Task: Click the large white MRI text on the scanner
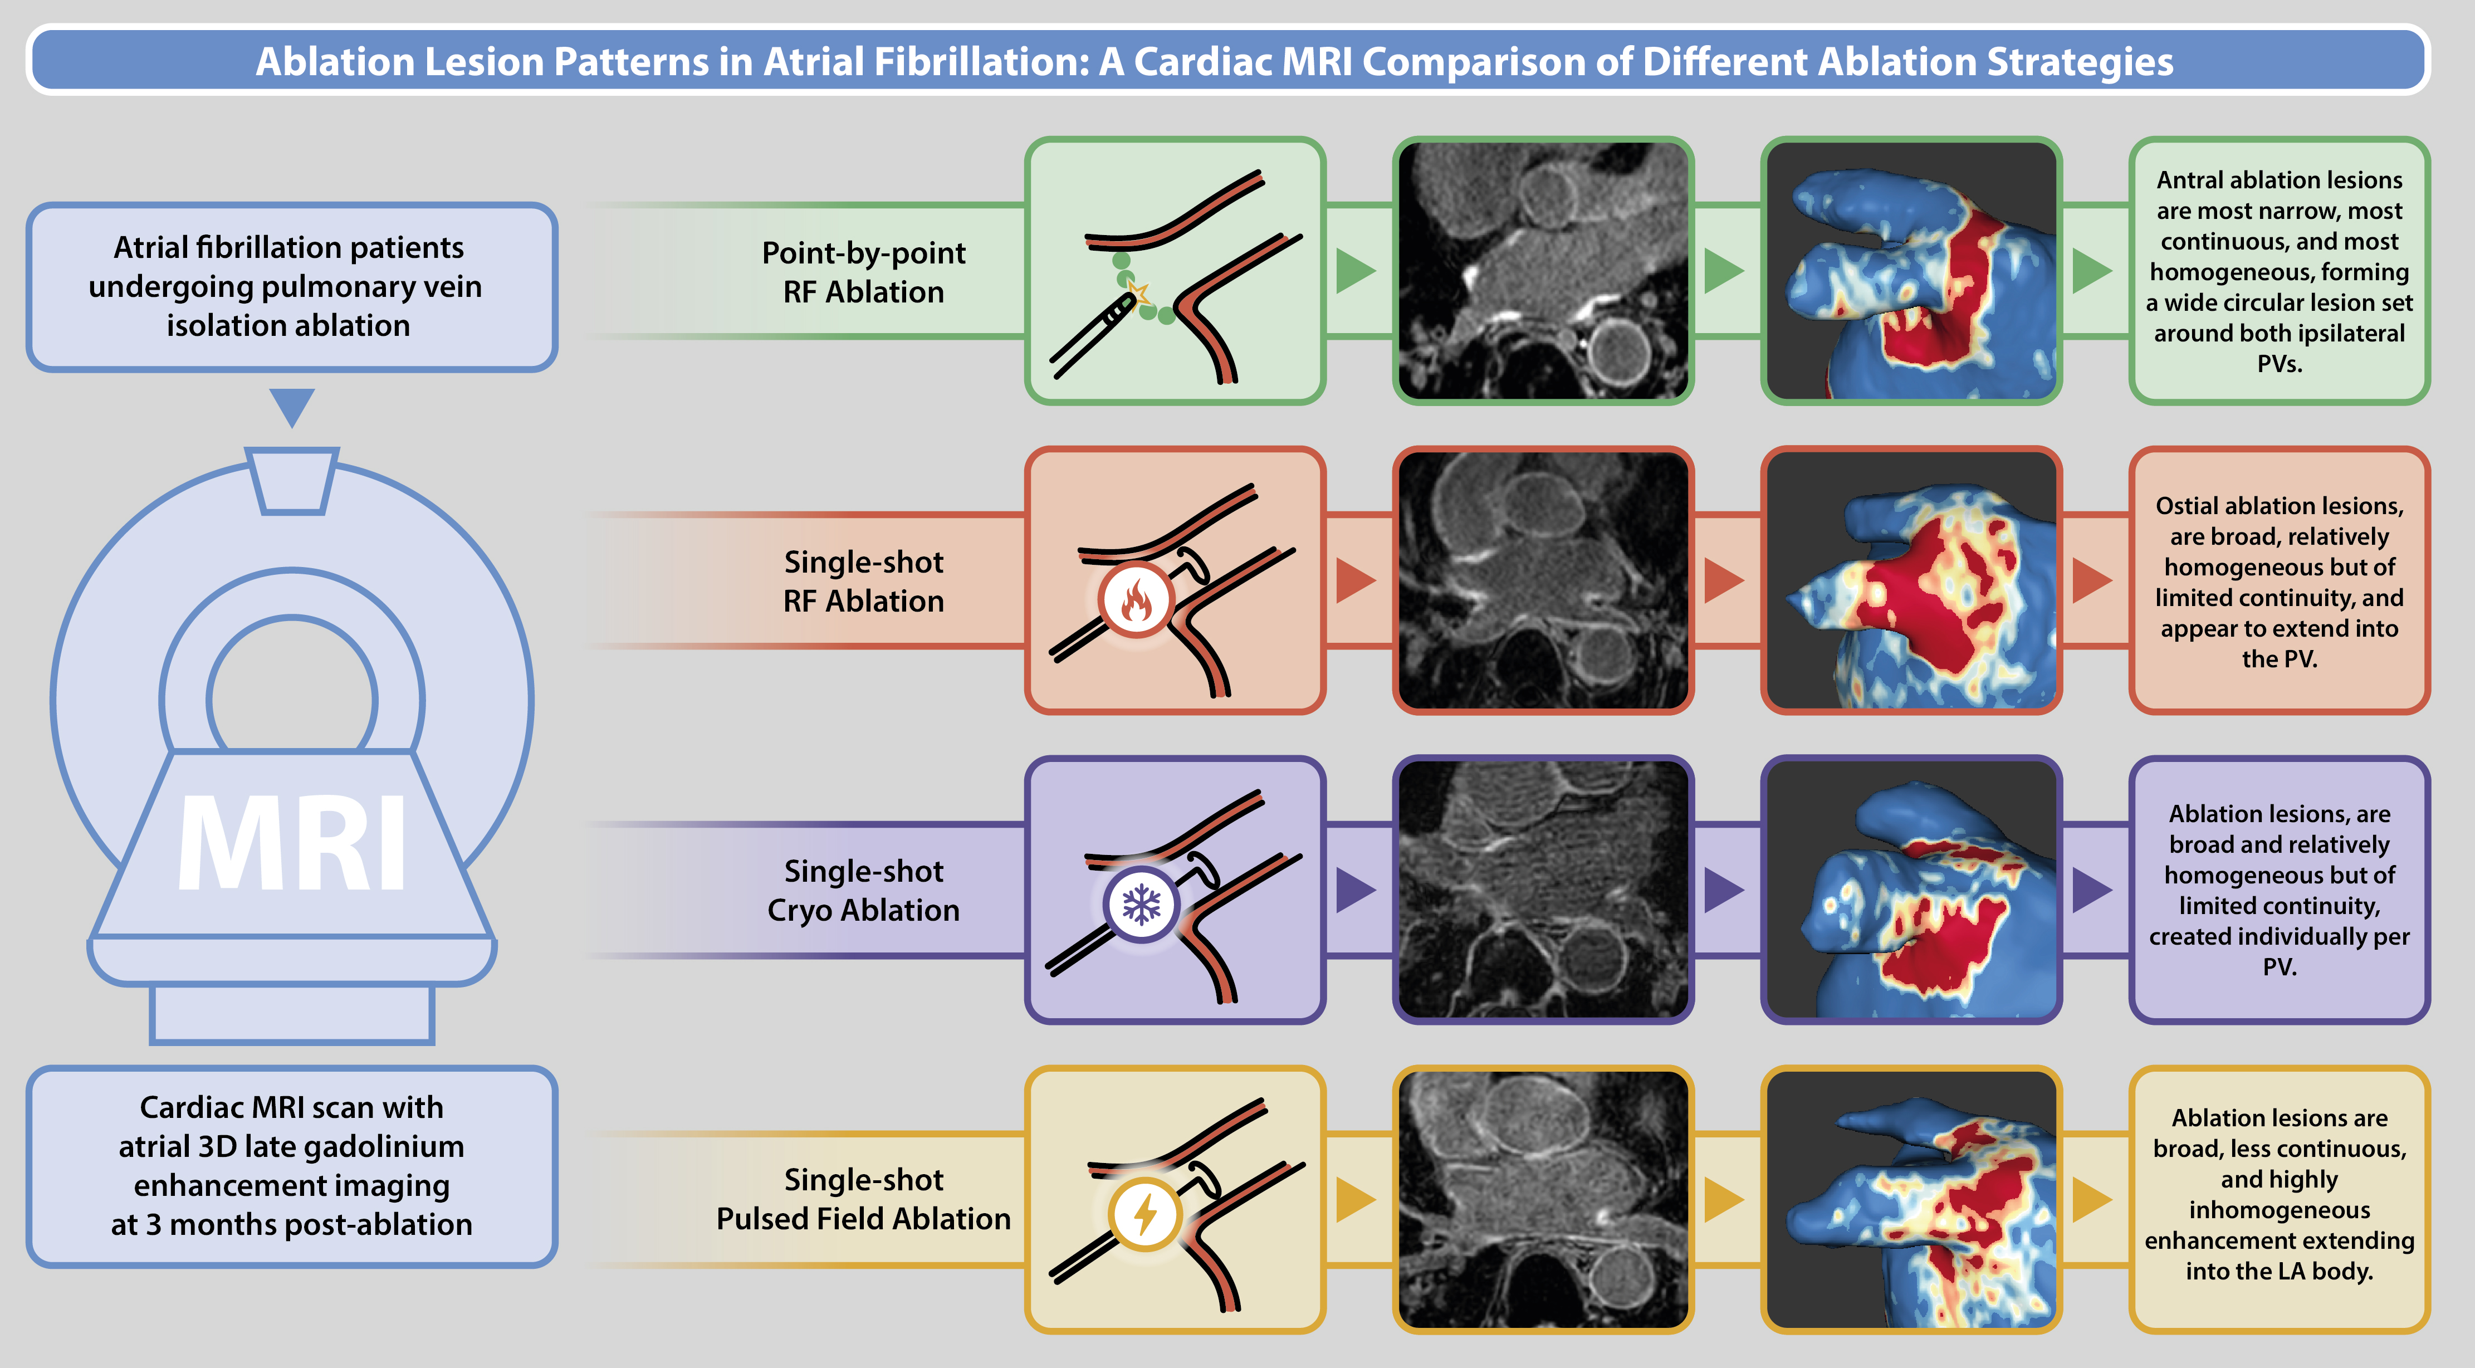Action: point(292,843)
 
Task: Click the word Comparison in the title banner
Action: point(1460,61)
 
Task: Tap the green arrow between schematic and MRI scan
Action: point(1354,271)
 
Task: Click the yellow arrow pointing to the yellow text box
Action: point(2092,1199)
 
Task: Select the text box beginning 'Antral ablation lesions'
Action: point(2279,271)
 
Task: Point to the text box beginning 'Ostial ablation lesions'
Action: point(2279,580)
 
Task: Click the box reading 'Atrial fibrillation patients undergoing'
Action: point(291,286)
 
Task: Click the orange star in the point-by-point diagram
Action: point(1138,291)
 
